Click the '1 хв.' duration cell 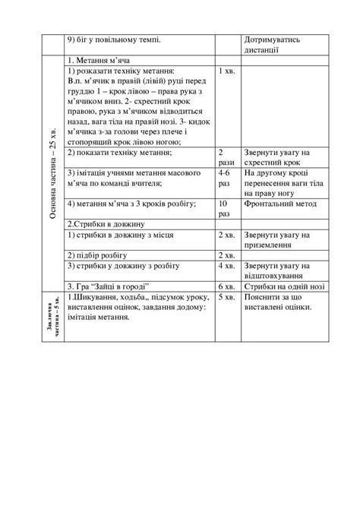(226, 71)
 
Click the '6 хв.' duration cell (227, 286)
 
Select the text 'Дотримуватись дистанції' (273, 44)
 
